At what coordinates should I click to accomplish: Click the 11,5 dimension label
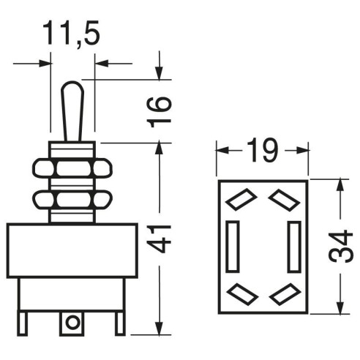tap(71, 34)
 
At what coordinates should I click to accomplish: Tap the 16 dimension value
tap(159, 112)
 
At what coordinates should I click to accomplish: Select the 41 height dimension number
tap(159, 239)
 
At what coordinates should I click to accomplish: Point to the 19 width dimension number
tap(263, 150)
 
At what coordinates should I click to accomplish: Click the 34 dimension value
tap(340, 247)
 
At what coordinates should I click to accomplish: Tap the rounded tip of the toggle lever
tap(72, 84)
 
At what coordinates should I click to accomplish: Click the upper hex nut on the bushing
tap(72, 168)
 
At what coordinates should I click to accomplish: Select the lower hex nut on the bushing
tap(72, 200)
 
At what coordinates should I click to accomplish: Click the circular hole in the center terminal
tap(72, 323)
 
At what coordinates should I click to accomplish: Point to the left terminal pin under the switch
tap(23, 323)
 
